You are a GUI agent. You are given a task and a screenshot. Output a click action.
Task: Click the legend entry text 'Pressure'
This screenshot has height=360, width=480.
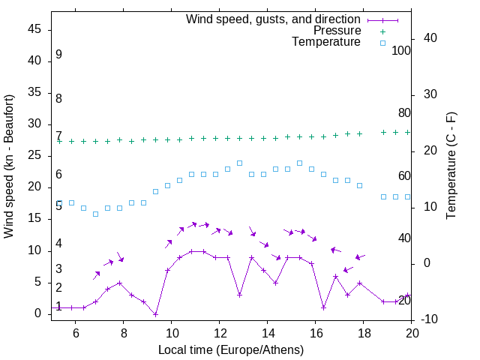click(337, 31)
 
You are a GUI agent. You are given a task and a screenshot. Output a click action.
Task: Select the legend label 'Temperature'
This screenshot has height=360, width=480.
click(326, 42)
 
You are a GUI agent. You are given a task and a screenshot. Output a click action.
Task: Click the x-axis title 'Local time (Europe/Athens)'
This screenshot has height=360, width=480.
click(231, 349)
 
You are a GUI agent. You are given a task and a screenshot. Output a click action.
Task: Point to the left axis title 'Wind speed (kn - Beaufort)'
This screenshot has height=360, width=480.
click(9, 166)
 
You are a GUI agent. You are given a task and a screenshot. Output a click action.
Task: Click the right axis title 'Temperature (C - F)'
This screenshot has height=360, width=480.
click(451, 166)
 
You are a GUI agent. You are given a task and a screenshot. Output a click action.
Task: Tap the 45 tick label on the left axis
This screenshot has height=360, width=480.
click(34, 29)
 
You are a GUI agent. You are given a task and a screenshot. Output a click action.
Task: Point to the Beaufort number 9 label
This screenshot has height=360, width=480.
click(58, 55)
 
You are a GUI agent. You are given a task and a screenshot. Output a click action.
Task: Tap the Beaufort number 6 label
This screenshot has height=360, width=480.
click(58, 174)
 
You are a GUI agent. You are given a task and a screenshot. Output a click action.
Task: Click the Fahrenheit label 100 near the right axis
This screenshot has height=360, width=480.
click(402, 50)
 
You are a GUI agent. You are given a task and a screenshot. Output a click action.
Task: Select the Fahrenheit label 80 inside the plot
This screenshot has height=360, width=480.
click(404, 112)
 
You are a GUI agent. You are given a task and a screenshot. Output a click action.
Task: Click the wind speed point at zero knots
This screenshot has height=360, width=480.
click(155, 313)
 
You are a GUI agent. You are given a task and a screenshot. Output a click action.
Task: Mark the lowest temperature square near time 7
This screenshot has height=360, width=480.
click(95, 214)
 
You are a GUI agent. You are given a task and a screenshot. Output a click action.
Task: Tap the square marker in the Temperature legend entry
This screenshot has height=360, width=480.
click(382, 43)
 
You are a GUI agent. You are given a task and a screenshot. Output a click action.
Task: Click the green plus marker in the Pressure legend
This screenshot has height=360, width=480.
click(382, 31)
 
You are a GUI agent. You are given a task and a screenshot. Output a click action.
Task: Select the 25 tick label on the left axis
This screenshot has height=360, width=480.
click(34, 155)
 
